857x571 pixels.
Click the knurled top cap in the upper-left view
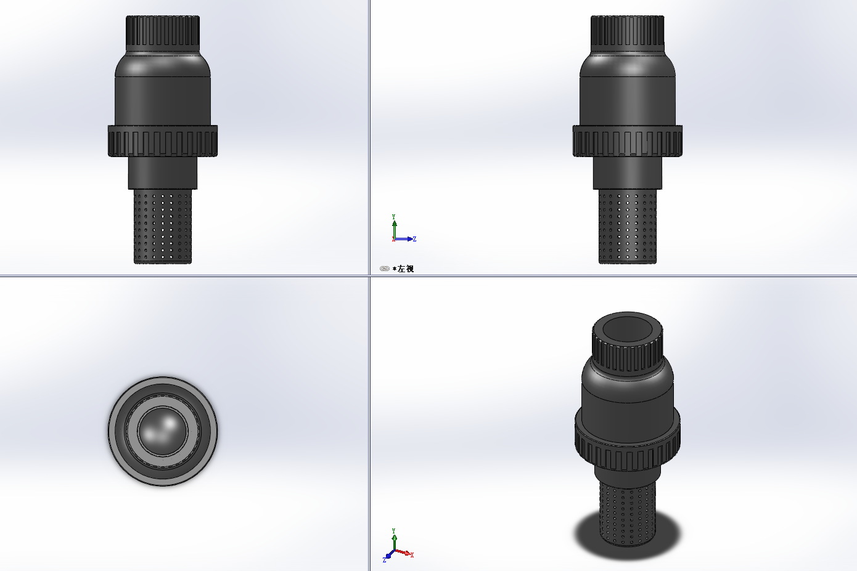(x=163, y=34)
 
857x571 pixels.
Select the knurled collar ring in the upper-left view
(x=163, y=140)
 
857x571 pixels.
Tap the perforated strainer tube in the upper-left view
(x=163, y=226)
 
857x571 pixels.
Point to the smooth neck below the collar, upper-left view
(x=163, y=172)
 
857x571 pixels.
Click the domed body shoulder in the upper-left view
(x=163, y=64)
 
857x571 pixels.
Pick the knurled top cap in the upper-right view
(x=628, y=34)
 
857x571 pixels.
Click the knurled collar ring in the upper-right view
(x=628, y=140)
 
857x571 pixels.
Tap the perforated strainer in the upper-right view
(x=628, y=226)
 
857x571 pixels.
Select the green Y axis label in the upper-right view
(x=394, y=217)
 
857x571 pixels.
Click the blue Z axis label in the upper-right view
(x=415, y=239)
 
